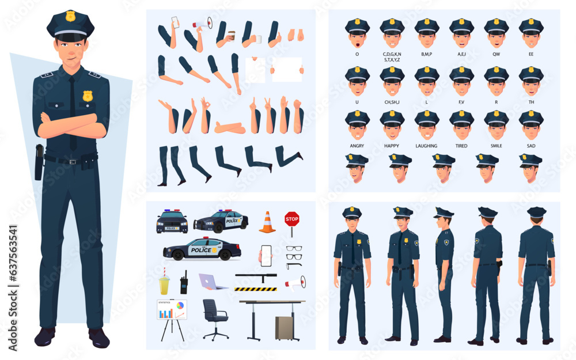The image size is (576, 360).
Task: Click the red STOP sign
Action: [x=291, y=219]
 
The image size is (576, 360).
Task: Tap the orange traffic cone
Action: [x=267, y=222]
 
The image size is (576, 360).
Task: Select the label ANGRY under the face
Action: [x=357, y=146]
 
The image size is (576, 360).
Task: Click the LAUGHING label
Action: [x=426, y=146]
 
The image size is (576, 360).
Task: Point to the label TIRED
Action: [x=461, y=146]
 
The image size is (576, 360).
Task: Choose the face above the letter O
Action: [x=357, y=34]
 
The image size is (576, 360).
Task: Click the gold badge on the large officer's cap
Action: [x=70, y=16]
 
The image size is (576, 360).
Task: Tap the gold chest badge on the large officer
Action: [x=87, y=96]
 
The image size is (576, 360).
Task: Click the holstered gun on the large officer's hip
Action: [x=39, y=161]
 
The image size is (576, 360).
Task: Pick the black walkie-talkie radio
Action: [x=184, y=283]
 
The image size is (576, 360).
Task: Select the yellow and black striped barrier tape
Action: [x=255, y=289]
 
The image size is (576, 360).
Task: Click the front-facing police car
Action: [x=172, y=222]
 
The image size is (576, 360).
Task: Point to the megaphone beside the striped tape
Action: [x=295, y=282]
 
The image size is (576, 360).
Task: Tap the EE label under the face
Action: [x=530, y=54]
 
